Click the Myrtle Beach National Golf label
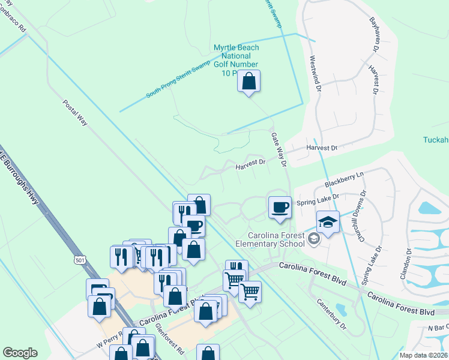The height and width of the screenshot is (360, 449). point(237,60)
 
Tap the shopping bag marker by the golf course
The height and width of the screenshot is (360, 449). point(249,81)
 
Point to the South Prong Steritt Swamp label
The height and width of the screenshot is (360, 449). point(178,80)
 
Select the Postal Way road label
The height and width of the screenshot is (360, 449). point(75,112)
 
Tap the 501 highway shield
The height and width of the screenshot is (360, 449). point(80,259)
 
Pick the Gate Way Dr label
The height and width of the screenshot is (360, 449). point(279,149)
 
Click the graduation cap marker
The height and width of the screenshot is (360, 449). point(328,221)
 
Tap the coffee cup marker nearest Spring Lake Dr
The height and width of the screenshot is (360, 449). point(280,207)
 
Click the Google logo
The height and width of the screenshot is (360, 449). point(20,353)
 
